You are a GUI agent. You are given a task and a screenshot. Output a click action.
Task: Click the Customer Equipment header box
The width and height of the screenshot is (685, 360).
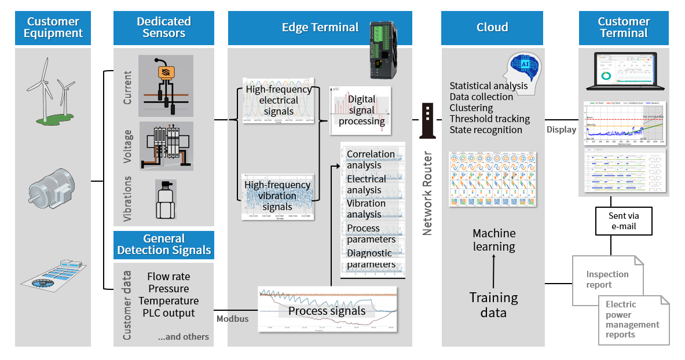(x=53, y=28)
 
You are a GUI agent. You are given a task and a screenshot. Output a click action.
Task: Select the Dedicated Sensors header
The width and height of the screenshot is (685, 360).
(x=164, y=28)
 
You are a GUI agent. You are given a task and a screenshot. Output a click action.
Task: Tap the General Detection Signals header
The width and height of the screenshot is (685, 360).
(x=164, y=245)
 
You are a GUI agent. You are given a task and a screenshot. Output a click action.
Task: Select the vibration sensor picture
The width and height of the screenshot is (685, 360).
(x=166, y=199)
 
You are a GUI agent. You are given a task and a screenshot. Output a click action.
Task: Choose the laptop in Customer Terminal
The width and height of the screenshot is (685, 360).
(x=624, y=72)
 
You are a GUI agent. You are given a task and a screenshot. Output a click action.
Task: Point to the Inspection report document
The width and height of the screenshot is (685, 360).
(x=607, y=280)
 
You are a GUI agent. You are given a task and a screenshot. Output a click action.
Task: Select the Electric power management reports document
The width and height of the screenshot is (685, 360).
(x=632, y=319)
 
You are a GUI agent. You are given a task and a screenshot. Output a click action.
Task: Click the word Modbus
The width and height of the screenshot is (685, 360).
(x=232, y=319)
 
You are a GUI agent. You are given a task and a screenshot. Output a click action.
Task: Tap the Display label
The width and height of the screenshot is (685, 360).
(x=561, y=130)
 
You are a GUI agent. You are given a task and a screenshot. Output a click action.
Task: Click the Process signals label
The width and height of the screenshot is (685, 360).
(x=327, y=311)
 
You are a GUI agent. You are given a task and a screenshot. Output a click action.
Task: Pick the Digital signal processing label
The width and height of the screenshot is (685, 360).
(x=362, y=110)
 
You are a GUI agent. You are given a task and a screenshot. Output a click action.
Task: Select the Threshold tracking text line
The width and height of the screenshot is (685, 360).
(x=489, y=119)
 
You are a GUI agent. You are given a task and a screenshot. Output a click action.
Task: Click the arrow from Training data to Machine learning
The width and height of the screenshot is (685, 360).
(x=493, y=271)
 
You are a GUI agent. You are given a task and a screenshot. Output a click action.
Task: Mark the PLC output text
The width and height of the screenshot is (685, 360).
(x=168, y=313)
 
